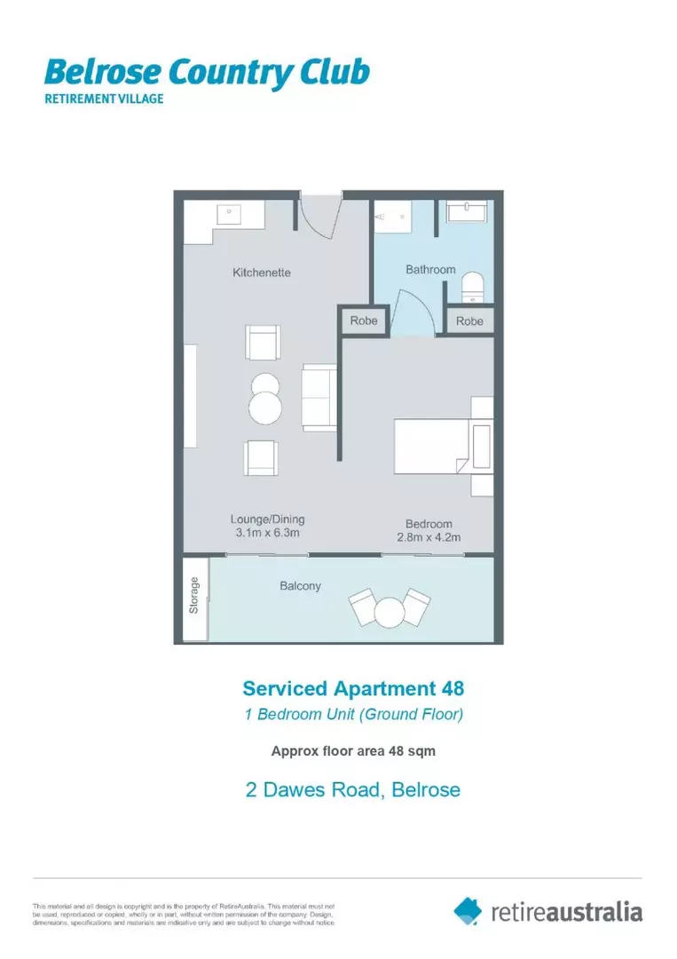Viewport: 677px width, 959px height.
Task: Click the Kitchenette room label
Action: click(262, 273)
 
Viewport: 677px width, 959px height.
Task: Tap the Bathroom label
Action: click(430, 269)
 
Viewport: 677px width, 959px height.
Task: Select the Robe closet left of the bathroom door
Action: click(364, 321)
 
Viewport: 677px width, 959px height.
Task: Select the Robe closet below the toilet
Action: click(469, 321)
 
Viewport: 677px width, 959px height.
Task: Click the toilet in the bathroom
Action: click(473, 286)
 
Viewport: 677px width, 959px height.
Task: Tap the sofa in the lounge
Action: click(319, 397)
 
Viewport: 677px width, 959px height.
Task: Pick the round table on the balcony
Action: click(389, 612)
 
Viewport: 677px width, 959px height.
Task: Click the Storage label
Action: click(194, 596)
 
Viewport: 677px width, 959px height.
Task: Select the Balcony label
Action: click(301, 586)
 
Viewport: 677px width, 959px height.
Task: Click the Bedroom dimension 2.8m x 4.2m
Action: click(429, 537)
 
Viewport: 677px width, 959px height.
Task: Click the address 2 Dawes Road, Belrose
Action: click(352, 789)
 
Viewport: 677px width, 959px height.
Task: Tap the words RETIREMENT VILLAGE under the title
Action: click(104, 99)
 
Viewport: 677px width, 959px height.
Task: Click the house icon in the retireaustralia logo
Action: click(468, 910)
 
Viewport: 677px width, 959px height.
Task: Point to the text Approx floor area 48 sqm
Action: click(352, 750)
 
